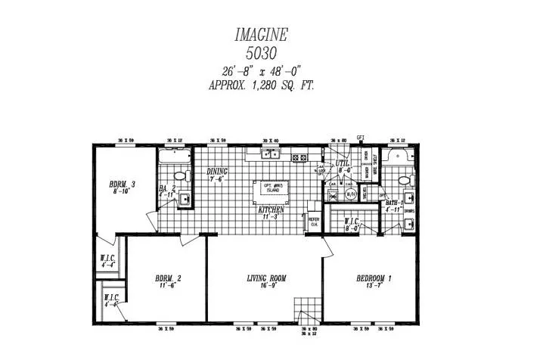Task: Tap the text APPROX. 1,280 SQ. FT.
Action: (261, 85)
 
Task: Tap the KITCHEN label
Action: (272, 211)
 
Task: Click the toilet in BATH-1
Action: (405, 181)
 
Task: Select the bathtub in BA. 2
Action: (175, 157)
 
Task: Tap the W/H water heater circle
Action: (350, 194)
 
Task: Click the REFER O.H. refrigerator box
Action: (313, 220)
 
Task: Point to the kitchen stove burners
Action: (298, 157)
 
